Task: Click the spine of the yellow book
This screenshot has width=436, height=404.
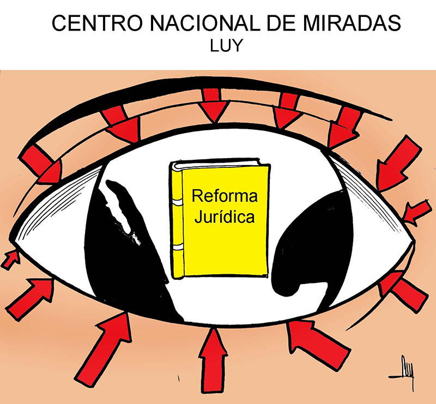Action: click(x=176, y=218)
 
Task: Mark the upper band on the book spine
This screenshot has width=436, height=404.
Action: click(x=176, y=203)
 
